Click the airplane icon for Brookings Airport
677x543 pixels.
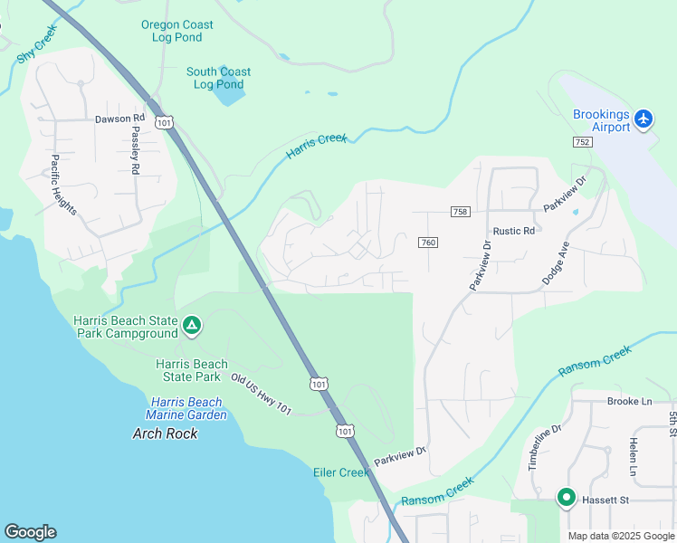tap(644, 119)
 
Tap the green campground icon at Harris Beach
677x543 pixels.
tap(191, 326)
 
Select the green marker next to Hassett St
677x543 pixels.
tap(567, 498)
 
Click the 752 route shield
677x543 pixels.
tap(582, 142)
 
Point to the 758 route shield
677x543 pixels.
tap(460, 211)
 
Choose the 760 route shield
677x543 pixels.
tap(428, 243)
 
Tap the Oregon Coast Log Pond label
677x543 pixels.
tap(177, 31)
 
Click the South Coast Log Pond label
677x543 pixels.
tap(218, 78)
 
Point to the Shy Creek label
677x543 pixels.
tap(37, 43)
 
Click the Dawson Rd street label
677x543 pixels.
tap(119, 119)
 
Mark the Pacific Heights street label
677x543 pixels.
tap(64, 185)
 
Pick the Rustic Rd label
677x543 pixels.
tap(513, 231)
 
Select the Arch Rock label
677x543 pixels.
tap(164, 433)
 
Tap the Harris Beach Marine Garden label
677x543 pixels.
tap(188, 408)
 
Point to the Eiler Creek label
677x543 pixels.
tap(341, 472)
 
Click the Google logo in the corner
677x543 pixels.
tap(30, 532)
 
